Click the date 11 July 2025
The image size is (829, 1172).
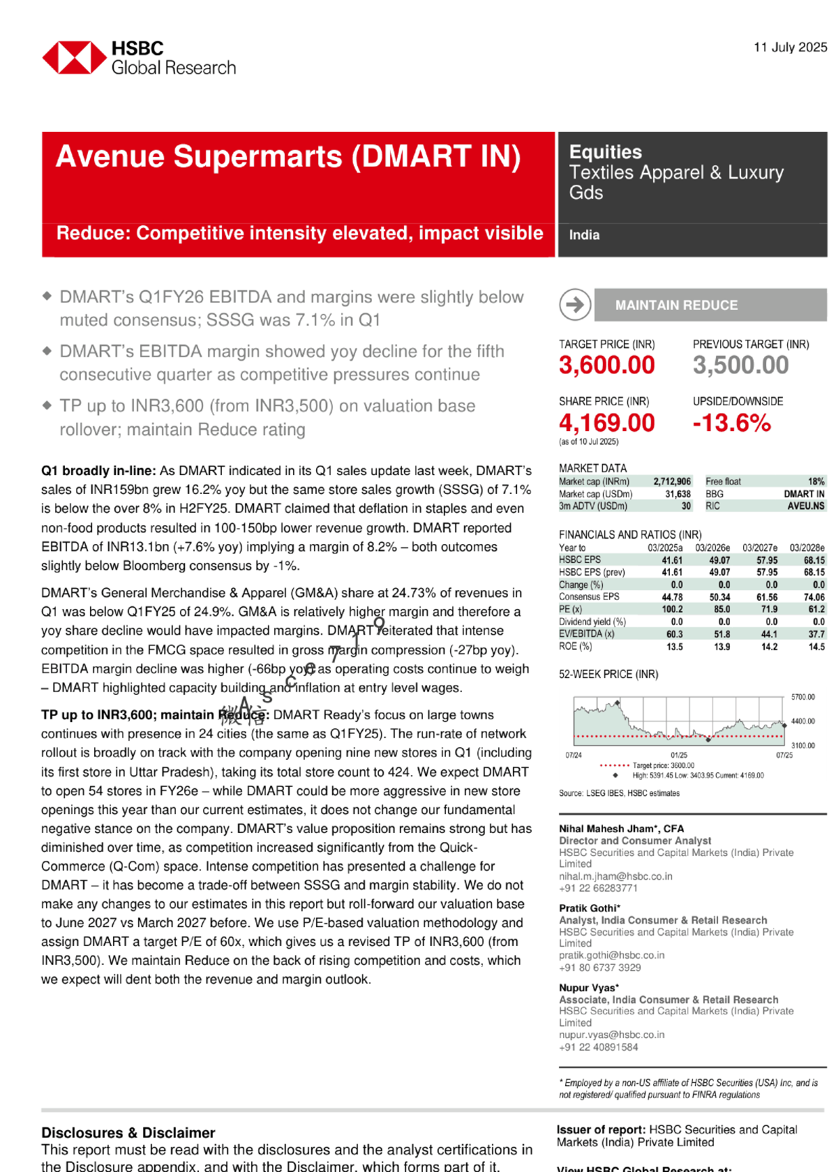point(790,47)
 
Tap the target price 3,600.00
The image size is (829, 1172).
point(606,365)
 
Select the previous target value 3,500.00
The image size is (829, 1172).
point(740,365)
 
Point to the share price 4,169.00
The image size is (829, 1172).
point(606,423)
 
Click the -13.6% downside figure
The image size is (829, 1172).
point(731,423)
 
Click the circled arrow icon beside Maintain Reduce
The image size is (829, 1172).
point(575,305)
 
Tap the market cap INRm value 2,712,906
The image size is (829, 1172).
point(672,481)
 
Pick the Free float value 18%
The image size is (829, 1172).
point(816,481)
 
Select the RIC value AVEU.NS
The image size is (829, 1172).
point(806,506)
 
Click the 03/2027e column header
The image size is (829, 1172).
point(759,548)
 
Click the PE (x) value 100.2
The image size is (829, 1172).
point(672,609)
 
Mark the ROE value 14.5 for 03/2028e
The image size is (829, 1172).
point(816,647)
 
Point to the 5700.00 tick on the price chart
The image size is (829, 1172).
point(802,697)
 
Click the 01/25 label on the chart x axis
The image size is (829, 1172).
point(678,755)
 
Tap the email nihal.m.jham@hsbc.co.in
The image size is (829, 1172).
point(615,876)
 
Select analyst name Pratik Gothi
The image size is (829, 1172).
point(588,908)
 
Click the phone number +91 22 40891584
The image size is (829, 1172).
point(598,1046)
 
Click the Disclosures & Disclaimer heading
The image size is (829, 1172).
point(128,1132)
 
